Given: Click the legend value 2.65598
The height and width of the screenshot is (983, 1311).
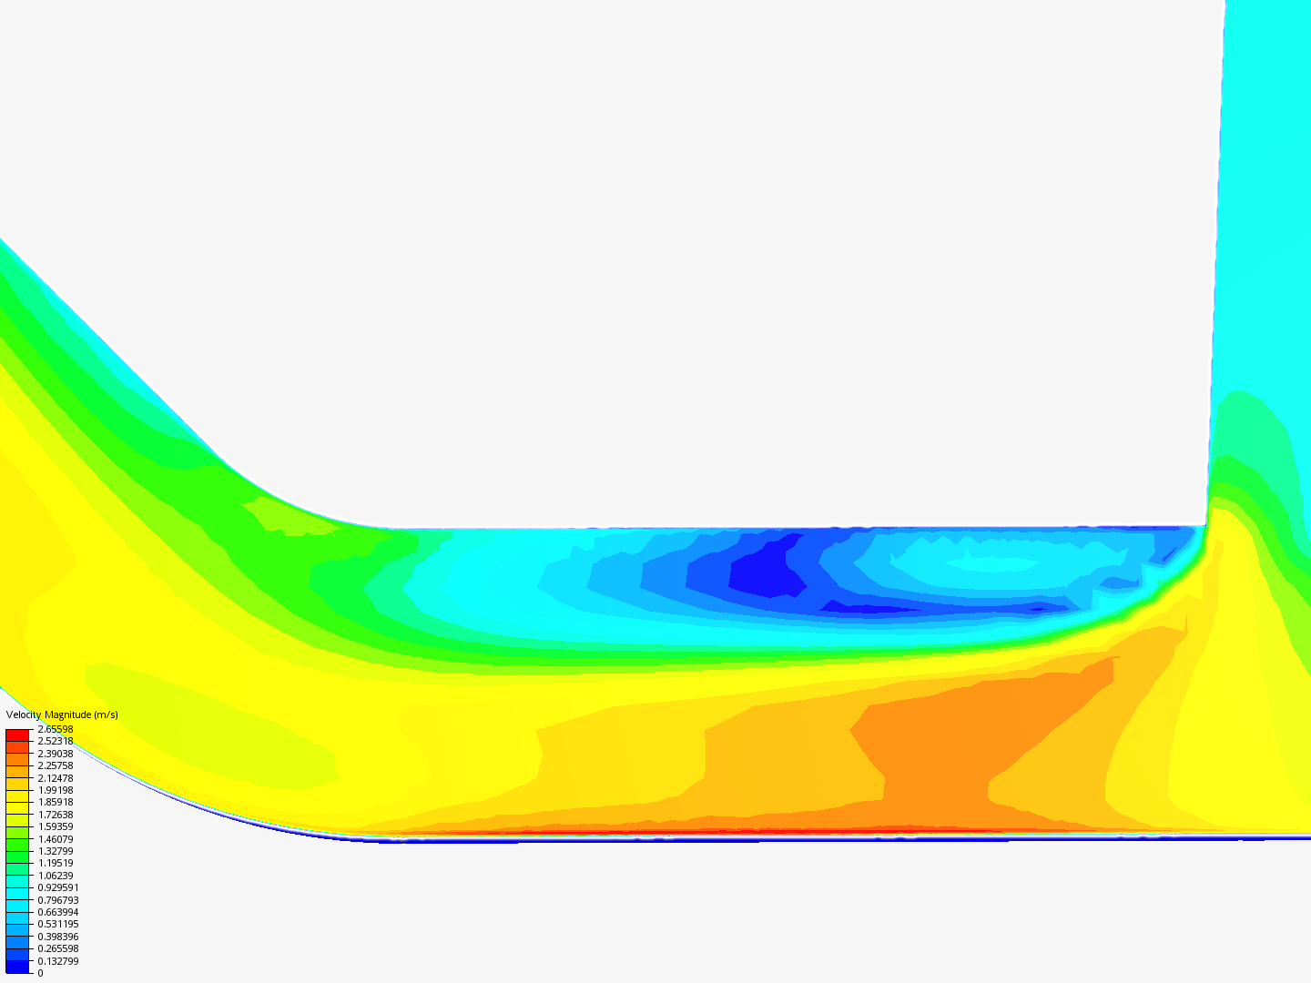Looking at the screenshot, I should [x=55, y=729].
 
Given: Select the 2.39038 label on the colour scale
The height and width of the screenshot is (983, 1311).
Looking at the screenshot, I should [x=55, y=754].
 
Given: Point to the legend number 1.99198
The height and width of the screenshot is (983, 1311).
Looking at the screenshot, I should [x=55, y=790].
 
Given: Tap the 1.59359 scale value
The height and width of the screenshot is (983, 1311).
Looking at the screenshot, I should [x=55, y=826].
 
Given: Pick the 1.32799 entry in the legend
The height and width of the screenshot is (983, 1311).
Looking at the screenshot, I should [x=55, y=851].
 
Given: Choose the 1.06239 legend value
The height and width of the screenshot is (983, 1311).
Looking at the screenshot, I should [x=55, y=876].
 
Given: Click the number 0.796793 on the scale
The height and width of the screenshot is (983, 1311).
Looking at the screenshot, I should [x=57, y=900].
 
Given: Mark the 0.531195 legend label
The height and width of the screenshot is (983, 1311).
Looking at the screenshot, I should [x=57, y=924].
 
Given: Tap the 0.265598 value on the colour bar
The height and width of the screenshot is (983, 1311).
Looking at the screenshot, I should [x=57, y=948].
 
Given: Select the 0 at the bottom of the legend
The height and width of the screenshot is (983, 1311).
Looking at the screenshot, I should [x=40, y=973].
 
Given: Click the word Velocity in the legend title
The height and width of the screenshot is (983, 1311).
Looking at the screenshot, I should [x=23, y=714].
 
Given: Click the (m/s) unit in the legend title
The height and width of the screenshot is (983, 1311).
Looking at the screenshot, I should [x=106, y=714].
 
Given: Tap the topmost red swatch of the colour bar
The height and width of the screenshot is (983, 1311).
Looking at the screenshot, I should [x=17, y=735].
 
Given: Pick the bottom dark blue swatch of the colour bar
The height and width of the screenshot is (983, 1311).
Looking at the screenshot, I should [x=17, y=967].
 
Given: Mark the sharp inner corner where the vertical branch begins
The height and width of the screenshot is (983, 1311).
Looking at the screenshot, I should [x=1207, y=526].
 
